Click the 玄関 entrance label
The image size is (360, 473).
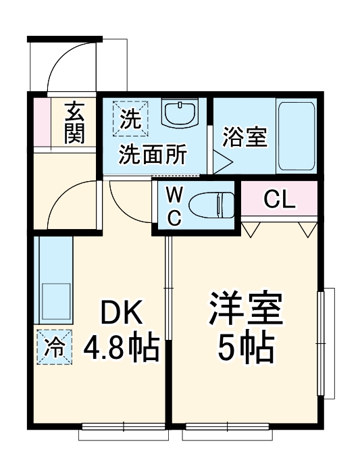(x=74, y=122)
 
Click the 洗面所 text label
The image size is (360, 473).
(x=153, y=155)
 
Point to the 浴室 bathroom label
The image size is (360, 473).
(x=245, y=137)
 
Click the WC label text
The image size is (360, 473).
(x=174, y=206)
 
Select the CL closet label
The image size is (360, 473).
(x=278, y=199)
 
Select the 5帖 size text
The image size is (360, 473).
(x=245, y=347)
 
